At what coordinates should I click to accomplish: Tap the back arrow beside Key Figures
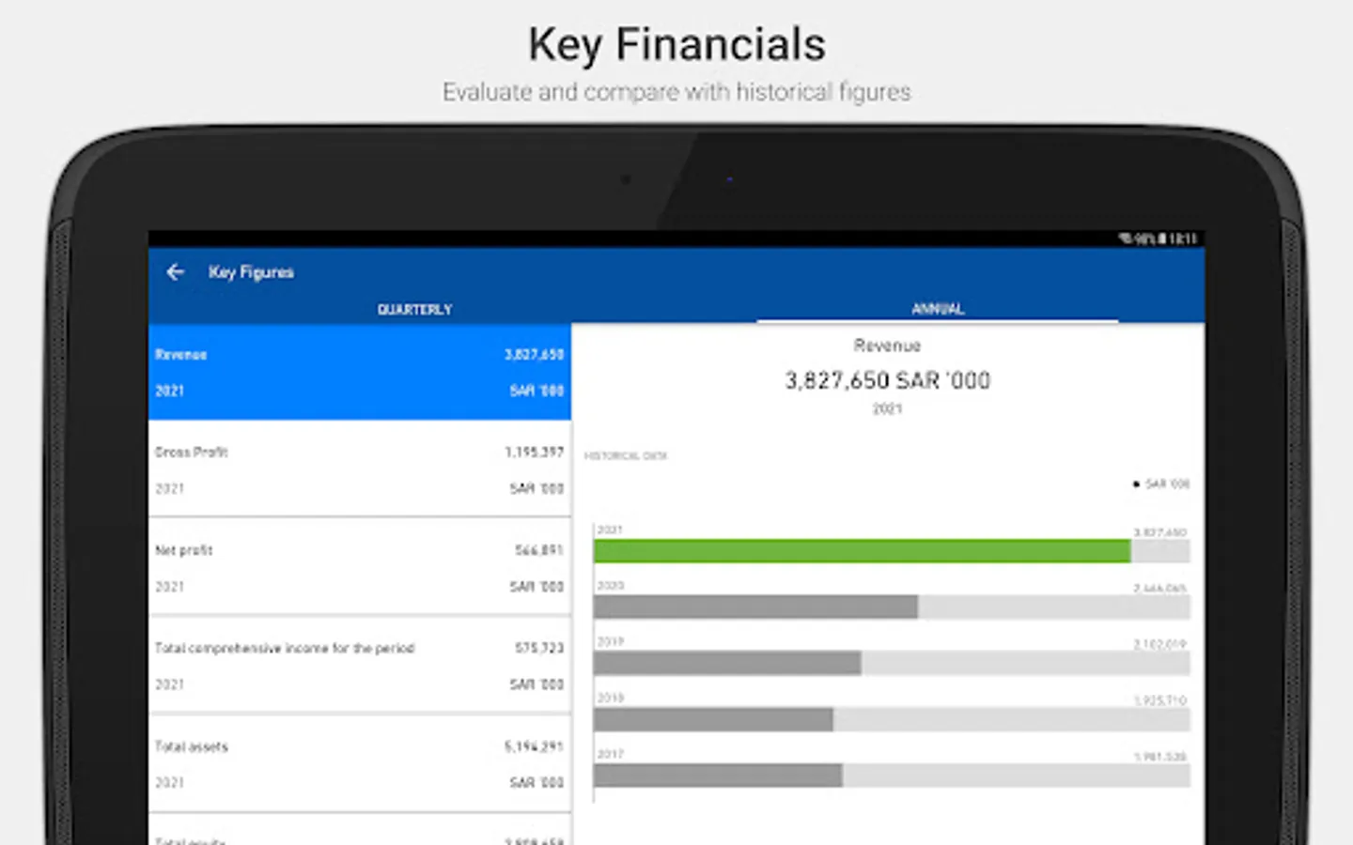pos(175,272)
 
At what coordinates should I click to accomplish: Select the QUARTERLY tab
pos(414,309)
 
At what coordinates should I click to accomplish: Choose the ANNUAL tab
pos(938,308)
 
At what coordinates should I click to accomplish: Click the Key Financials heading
pos(676,45)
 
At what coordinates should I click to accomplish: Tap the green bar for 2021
pos(861,551)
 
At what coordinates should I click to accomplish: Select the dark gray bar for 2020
pos(754,607)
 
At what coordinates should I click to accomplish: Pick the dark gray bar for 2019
pos(726,664)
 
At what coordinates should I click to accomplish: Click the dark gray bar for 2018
pos(712,720)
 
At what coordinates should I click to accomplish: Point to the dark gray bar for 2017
pos(717,776)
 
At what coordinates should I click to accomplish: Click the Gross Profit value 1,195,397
pos(534,453)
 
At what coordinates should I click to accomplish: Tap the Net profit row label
pos(184,550)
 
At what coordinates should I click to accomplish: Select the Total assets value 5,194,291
pos(534,747)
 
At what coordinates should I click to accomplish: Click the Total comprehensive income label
pos(284,649)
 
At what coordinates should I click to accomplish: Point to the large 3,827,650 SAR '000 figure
pos(887,380)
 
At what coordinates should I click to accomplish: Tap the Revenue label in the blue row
pos(181,355)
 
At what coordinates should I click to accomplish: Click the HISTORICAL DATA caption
pos(625,456)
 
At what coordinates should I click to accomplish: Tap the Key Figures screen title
pos(251,272)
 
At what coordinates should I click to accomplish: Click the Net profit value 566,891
pos(538,550)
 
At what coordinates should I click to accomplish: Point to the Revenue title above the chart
pos(887,346)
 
